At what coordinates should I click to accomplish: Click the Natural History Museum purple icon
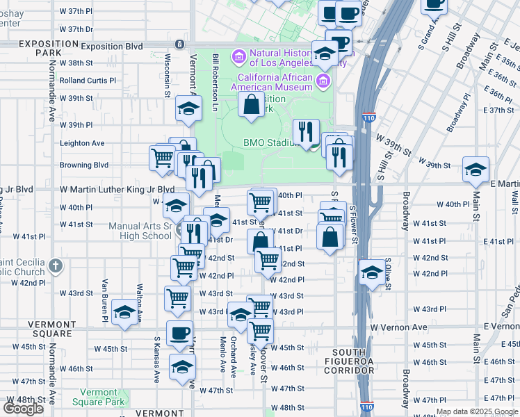(238, 55)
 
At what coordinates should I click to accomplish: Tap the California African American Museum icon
(323, 82)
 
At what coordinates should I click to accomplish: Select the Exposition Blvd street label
(112, 47)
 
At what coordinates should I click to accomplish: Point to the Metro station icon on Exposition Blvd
(179, 44)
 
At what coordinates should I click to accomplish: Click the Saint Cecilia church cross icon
(56, 265)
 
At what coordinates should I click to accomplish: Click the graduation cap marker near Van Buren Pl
(125, 311)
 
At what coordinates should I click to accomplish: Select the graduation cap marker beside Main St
(476, 169)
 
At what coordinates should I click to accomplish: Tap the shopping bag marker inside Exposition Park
(252, 105)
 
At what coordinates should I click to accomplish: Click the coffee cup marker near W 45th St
(179, 332)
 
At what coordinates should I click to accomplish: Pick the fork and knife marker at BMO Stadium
(305, 131)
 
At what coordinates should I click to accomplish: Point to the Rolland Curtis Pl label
(88, 81)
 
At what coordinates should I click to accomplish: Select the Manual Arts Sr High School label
(141, 231)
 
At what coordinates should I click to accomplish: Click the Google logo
(23, 409)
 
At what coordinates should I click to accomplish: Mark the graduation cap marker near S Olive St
(372, 272)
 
